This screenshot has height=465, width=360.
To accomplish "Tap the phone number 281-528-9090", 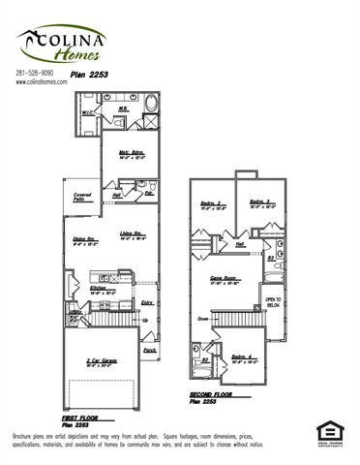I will tap(36, 75).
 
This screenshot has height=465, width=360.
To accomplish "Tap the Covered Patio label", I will tap(81, 198).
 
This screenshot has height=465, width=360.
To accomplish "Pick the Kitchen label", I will tap(100, 289).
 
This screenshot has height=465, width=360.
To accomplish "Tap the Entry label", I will tap(146, 304).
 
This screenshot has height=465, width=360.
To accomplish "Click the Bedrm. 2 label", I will tap(212, 203).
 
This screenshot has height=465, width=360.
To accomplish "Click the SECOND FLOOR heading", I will tap(215, 394).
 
